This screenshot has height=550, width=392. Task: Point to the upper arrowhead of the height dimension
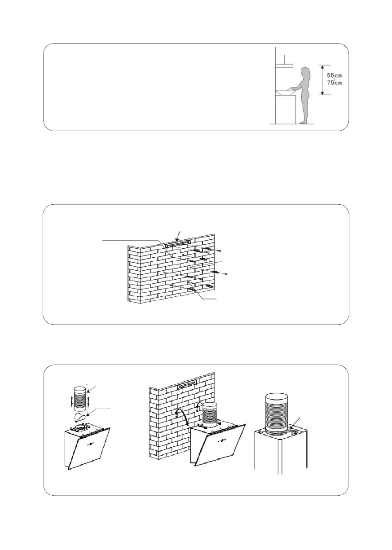click(322, 66)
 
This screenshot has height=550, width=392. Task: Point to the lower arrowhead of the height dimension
click(322, 93)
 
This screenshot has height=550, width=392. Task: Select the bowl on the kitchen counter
click(285, 92)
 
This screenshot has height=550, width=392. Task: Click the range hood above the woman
click(284, 66)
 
